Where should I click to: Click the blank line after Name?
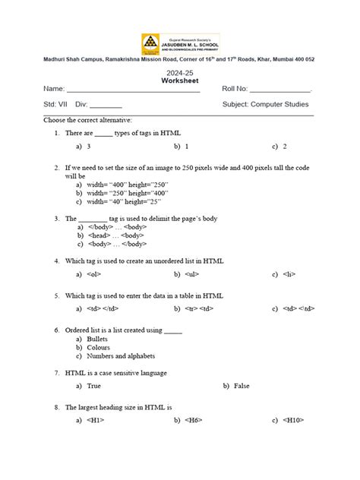[x=133, y=90]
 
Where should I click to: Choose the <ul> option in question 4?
[x=191, y=274]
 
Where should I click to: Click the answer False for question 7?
[x=242, y=386]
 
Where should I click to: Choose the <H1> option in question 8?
[x=96, y=420]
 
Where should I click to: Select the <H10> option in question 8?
[x=292, y=420]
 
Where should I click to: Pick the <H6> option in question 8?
[x=194, y=420]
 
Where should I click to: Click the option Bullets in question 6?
[x=97, y=339]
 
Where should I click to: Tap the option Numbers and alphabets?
[x=121, y=355]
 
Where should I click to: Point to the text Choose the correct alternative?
[x=88, y=120]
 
